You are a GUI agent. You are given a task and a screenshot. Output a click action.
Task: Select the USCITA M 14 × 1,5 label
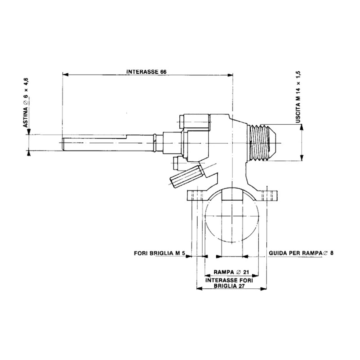(x=298, y=97)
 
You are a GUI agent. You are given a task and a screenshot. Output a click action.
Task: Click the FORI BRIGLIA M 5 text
(x=160, y=253)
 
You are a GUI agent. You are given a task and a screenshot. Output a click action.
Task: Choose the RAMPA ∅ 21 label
(x=232, y=272)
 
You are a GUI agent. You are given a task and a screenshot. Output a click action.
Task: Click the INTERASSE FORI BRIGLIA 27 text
(x=230, y=283)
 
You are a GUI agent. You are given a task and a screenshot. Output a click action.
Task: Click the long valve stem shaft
(x=108, y=143)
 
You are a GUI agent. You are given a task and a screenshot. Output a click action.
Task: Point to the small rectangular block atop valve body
(x=194, y=121)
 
